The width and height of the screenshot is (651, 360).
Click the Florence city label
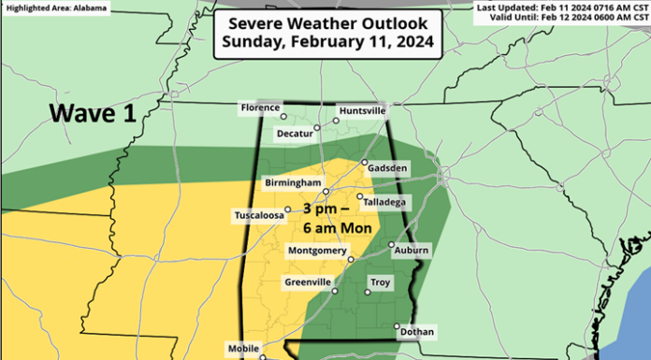tap(260, 108)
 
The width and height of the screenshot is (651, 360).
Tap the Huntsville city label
tap(360, 110)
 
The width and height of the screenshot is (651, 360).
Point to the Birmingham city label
tap(293, 182)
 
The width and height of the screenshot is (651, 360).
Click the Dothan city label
tap(415, 331)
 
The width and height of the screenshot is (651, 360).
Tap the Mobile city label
tap(243, 348)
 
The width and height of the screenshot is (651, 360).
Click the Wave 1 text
tap(94, 114)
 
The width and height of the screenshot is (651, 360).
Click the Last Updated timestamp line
tap(561, 7)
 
